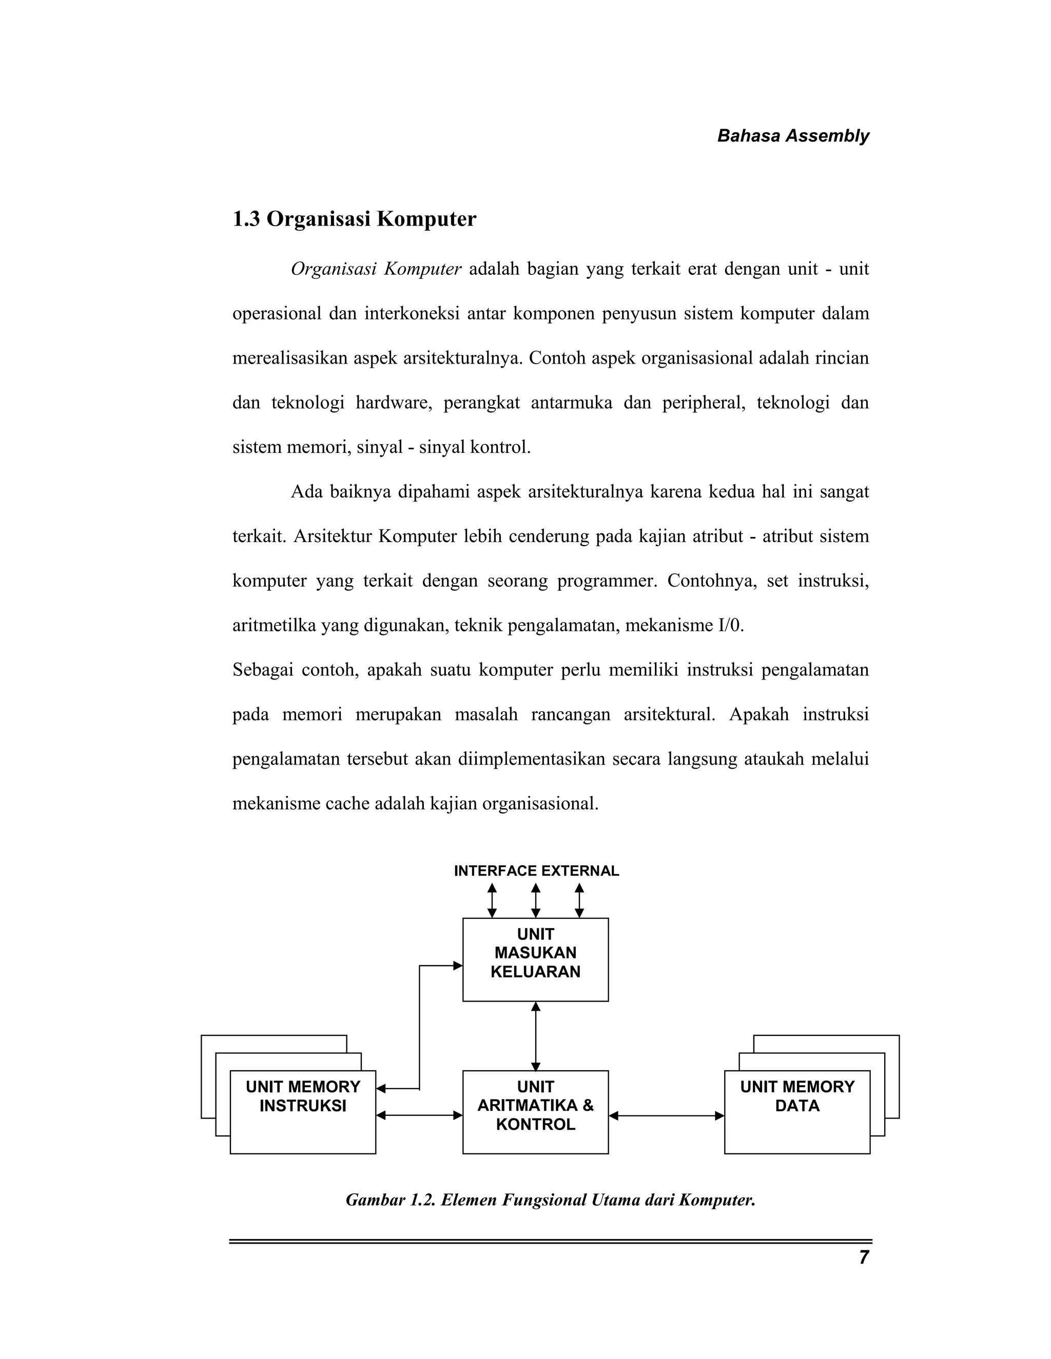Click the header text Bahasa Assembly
click(x=792, y=136)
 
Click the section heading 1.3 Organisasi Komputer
click(x=354, y=219)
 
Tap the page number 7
click(x=863, y=1257)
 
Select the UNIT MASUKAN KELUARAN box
click(x=535, y=959)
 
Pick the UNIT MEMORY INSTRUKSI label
click(x=303, y=1096)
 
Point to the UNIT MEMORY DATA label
click(x=797, y=1096)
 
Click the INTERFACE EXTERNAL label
click(x=536, y=871)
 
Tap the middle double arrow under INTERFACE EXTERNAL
click(x=535, y=901)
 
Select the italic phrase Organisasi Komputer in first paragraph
click(x=376, y=269)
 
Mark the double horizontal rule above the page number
click(x=551, y=1242)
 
